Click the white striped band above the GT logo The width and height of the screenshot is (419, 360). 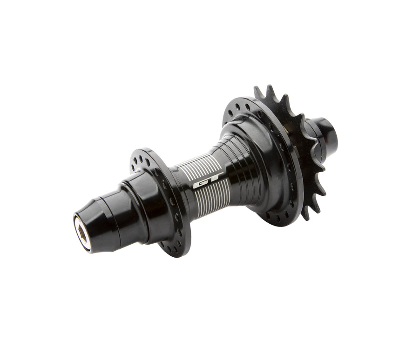coord(200,167)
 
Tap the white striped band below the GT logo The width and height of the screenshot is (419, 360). coord(212,193)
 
